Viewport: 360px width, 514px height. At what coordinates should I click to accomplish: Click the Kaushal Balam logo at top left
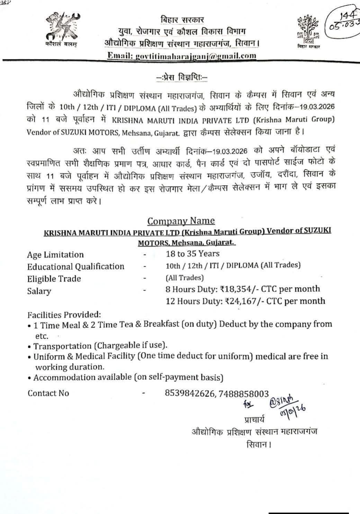tap(63, 28)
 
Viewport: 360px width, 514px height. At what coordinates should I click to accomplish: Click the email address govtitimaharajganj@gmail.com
tap(182, 55)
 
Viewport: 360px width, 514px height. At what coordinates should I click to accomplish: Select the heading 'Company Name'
tap(181, 221)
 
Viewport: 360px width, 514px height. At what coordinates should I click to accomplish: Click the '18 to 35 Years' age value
tap(192, 254)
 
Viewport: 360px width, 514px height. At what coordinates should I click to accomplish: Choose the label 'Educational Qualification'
tap(75, 266)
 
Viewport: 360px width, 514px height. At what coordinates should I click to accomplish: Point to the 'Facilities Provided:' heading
tap(64, 315)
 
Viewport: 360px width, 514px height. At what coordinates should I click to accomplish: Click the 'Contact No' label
tap(48, 393)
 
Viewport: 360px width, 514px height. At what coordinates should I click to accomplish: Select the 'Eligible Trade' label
tap(54, 279)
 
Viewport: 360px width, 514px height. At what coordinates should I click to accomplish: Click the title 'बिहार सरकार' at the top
tap(182, 20)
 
